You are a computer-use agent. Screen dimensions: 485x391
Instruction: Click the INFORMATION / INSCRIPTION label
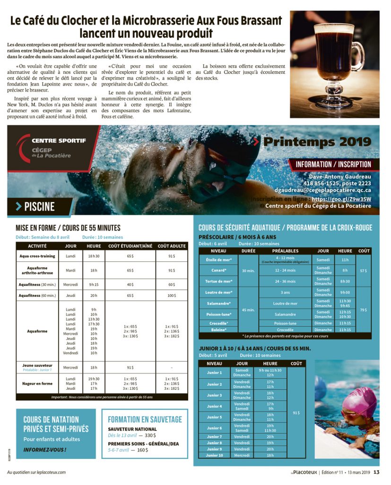point(333,164)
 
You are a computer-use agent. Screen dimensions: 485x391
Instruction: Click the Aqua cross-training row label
point(37,256)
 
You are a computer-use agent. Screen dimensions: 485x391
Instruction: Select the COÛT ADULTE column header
point(171,246)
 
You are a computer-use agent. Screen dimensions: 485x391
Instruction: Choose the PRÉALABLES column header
point(285,251)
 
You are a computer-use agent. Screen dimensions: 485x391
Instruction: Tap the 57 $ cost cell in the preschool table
point(364,270)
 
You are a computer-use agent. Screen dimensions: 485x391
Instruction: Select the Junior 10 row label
point(214,455)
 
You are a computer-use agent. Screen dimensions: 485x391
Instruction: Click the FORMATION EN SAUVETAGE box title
point(145,419)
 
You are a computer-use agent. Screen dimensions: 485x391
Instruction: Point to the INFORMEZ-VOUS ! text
point(45,449)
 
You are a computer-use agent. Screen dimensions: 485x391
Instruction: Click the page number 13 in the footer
point(376,472)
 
